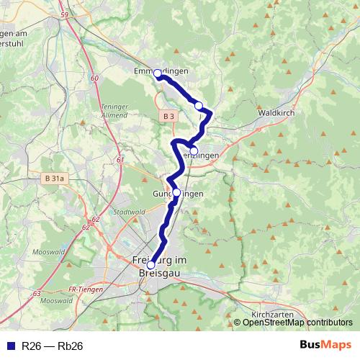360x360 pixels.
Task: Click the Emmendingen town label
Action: click(x=161, y=71)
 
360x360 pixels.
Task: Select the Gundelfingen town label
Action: click(x=178, y=194)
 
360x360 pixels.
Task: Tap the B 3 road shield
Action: click(x=168, y=116)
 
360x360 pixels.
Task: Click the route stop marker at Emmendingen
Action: click(x=158, y=73)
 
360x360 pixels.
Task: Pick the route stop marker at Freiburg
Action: click(x=150, y=265)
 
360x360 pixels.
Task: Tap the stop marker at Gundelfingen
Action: click(x=176, y=192)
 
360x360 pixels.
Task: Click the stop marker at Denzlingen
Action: click(x=194, y=151)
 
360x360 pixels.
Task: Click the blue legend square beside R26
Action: click(x=9, y=346)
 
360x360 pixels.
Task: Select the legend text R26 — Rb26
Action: click(x=52, y=346)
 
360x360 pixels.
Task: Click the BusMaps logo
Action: click(x=325, y=346)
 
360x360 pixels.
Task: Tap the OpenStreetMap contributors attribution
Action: click(x=297, y=323)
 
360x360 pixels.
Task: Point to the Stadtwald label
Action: click(x=130, y=213)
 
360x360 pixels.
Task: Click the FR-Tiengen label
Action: click(x=83, y=289)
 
